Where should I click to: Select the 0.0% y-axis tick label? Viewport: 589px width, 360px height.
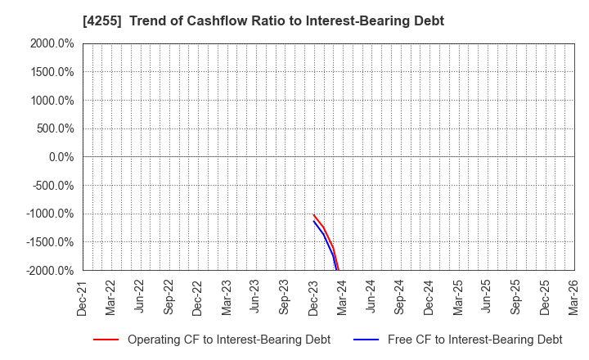pyautogui.click(x=59, y=157)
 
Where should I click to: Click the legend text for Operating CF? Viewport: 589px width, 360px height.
pyautogui.click(x=229, y=339)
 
